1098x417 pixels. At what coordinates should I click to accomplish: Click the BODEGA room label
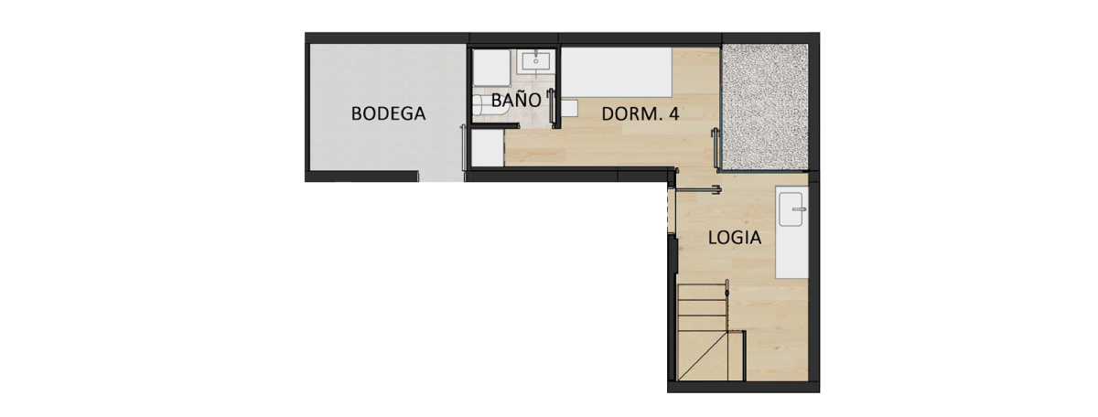pyautogui.click(x=389, y=114)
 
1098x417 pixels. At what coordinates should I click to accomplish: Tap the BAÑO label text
pyautogui.click(x=516, y=101)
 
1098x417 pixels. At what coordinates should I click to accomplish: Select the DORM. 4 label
pyautogui.click(x=640, y=114)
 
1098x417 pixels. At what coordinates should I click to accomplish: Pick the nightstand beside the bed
pyautogui.click(x=570, y=108)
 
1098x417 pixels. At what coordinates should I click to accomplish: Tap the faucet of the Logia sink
pyautogui.click(x=800, y=209)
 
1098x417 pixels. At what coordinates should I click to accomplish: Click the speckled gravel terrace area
pyautogui.click(x=764, y=108)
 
